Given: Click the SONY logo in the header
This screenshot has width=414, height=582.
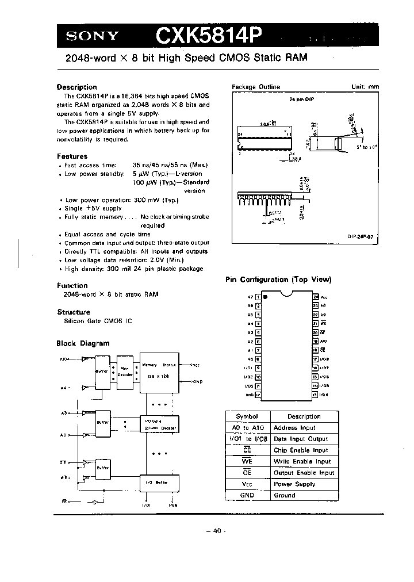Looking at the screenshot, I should pyautogui.click(x=91, y=36).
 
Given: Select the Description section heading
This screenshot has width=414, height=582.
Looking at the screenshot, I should pyautogui.click(x=76, y=87).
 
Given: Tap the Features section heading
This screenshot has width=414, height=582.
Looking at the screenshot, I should pyautogui.click(x=72, y=156).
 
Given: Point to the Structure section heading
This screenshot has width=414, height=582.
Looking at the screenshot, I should pyautogui.click(x=73, y=312).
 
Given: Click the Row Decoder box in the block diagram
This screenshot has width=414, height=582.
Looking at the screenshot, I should pyautogui.click(x=126, y=372).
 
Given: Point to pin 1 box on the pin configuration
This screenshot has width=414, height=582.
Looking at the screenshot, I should pyautogui.click(x=258, y=297).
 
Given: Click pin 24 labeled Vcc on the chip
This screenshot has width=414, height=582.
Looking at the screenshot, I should pyautogui.click(x=316, y=297).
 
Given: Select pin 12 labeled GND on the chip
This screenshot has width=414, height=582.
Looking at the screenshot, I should pyautogui.click(x=258, y=395).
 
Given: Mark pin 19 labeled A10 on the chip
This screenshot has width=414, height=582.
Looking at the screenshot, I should pyautogui.click(x=316, y=341).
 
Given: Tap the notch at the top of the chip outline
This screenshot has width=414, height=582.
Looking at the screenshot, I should pyautogui.click(x=287, y=294).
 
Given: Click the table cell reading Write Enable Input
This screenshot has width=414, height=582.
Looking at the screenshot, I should pyautogui.click(x=302, y=461).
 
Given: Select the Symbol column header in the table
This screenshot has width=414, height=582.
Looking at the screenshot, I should pyautogui.click(x=247, y=416).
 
